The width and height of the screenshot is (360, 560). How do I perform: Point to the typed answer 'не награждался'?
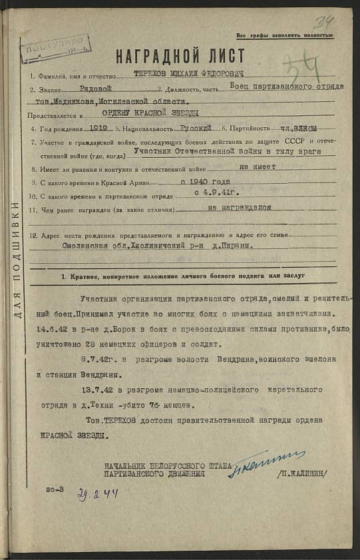click(x=240, y=208)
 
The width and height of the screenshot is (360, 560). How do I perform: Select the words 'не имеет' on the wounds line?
click(x=257, y=167)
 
